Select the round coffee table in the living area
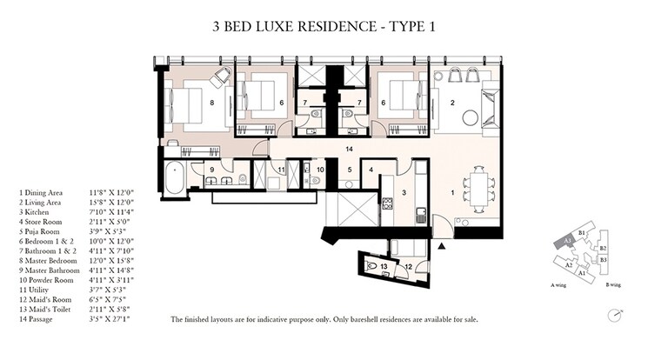[x=473, y=116]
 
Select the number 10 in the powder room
[x=319, y=169]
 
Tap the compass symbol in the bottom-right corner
[x=617, y=315]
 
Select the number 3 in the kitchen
[x=403, y=193]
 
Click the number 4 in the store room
[x=371, y=170]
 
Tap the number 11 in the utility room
[x=281, y=169]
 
